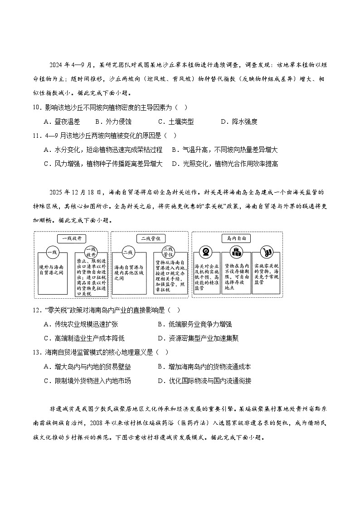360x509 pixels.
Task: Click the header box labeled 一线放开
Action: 72,238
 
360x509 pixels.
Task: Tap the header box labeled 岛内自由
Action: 236,238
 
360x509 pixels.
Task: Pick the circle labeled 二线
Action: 127,252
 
